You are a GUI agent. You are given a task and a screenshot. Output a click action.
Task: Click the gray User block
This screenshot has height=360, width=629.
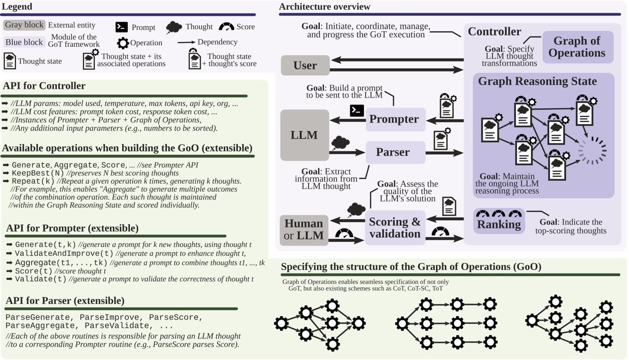pos(305,65)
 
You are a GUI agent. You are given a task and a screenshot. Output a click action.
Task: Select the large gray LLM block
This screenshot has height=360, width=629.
pos(304,135)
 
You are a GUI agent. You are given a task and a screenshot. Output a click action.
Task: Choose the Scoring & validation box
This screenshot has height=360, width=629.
pos(395,228)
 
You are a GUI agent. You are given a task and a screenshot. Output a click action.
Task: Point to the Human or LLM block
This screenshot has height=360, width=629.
pos(304,230)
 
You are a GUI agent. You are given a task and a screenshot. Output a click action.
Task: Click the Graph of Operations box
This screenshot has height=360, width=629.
pos(577,47)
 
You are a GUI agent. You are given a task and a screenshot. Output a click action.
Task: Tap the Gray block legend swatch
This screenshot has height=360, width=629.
pos(24,25)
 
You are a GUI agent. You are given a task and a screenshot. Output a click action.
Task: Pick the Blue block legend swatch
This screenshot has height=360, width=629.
pos(24,42)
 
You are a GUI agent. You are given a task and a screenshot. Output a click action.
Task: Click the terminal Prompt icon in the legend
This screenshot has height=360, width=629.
pos(121,27)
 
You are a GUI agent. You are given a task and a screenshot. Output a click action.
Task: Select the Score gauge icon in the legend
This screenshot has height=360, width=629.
pos(226,27)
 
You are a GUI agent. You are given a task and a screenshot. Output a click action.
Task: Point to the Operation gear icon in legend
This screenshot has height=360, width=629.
pos(123,43)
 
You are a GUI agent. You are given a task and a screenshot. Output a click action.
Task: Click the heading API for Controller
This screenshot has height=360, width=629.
pos(44,86)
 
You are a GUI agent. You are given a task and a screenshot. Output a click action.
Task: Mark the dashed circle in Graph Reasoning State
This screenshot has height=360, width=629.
pos(592,151)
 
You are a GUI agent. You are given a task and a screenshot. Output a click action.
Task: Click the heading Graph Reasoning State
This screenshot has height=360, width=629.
pos(537,81)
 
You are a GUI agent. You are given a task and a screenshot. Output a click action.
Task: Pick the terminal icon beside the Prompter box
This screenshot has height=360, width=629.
pos(357,111)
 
